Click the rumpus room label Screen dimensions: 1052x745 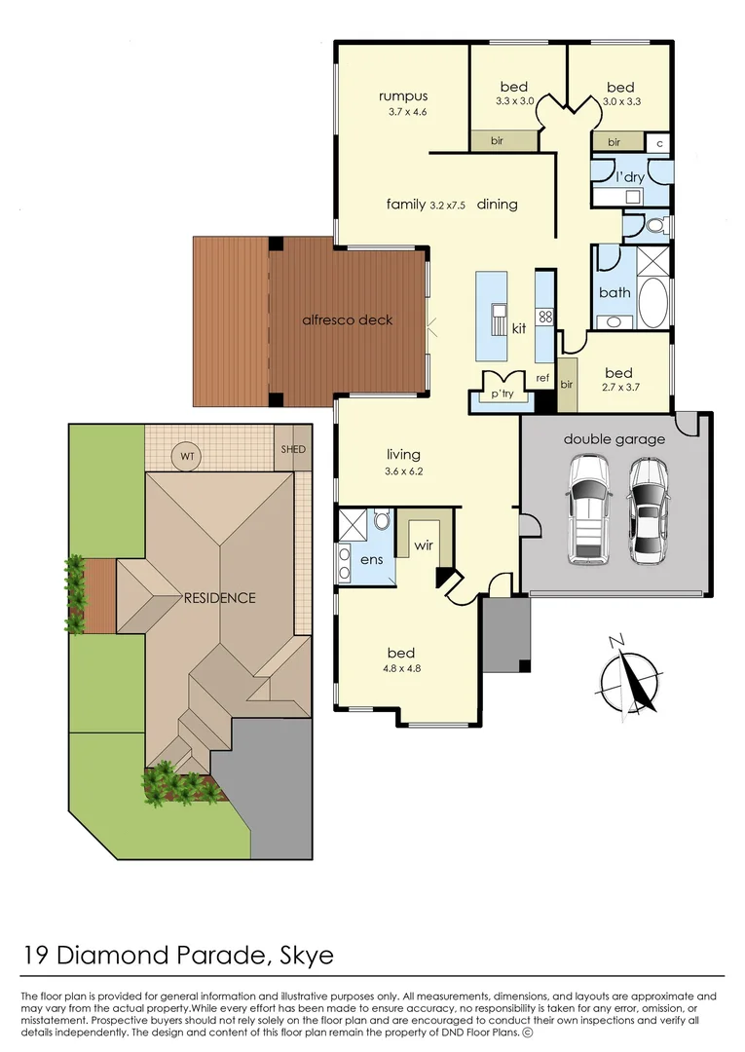[403, 95]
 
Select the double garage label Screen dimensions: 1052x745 [614, 439]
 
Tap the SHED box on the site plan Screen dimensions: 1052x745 [292, 449]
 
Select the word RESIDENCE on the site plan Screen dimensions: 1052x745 [219, 598]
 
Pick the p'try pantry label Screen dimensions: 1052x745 [502, 394]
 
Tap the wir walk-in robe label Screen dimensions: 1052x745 [423, 546]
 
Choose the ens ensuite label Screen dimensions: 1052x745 [371, 560]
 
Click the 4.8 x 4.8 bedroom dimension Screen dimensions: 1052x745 [401, 668]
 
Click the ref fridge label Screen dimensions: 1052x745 [542, 378]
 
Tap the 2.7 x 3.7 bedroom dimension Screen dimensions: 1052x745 [618, 389]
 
